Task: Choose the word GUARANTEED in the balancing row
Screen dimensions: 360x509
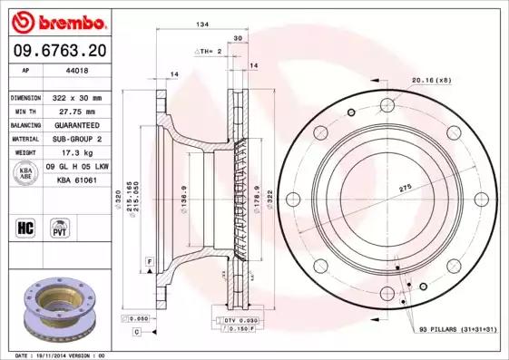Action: pos(80,125)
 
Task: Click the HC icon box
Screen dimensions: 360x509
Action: pos(25,226)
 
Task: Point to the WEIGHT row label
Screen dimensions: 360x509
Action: pos(24,153)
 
